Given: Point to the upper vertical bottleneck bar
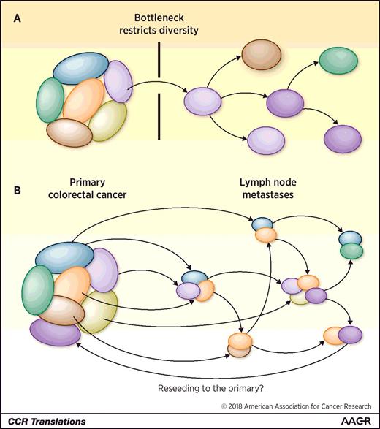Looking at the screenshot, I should click(159, 64).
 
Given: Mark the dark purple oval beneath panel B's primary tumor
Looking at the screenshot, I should click(56, 333).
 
